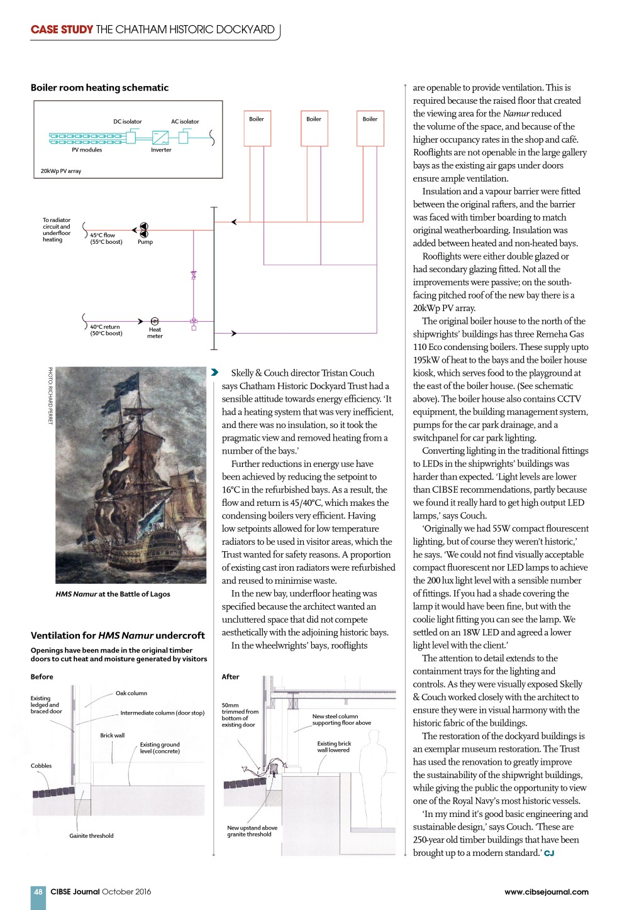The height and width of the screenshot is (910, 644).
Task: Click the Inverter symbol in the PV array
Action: click(x=160, y=136)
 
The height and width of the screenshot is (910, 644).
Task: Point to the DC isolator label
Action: click(x=127, y=122)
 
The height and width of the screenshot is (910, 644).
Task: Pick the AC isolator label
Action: click(x=185, y=122)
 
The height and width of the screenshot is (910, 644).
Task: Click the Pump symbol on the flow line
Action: click(x=143, y=230)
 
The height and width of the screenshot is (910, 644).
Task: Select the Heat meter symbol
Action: click(x=155, y=322)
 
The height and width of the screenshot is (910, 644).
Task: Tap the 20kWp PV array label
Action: click(x=61, y=171)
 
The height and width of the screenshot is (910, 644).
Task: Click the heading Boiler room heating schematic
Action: click(x=99, y=88)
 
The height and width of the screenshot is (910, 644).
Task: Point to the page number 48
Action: click(x=38, y=892)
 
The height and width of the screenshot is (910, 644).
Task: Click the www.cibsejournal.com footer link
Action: click(x=546, y=892)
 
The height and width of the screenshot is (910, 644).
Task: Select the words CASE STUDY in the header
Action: click(x=62, y=30)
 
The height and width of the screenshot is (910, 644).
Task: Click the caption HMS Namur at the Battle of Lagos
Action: click(x=113, y=594)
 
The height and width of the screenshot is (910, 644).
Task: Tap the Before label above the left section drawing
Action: click(x=42, y=677)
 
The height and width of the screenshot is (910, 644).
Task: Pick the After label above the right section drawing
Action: click(x=230, y=677)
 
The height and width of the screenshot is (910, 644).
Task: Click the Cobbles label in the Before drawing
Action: click(x=41, y=765)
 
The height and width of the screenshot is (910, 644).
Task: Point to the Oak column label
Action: click(x=131, y=693)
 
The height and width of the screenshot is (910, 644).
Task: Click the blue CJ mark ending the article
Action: click(x=549, y=853)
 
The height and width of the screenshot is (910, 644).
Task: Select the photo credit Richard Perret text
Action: click(x=50, y=396)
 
